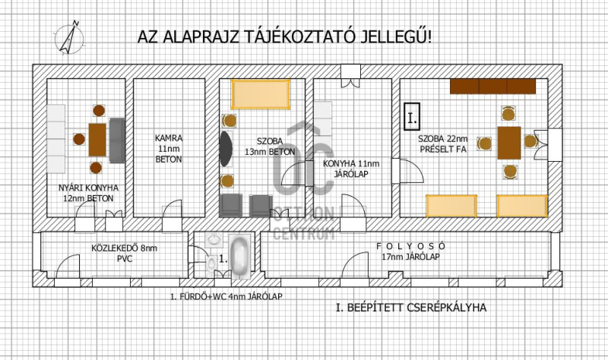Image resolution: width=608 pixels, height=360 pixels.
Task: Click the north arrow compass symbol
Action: [69, 37]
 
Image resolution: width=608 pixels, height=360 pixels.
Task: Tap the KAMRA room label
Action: [169, 138]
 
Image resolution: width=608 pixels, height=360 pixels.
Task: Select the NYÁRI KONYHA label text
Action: [88, 188]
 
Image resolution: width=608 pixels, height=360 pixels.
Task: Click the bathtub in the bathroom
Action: [239, 256]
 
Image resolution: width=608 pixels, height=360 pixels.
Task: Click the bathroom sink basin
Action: [214, 239]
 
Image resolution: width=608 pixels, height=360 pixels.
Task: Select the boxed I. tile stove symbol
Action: [412, 117]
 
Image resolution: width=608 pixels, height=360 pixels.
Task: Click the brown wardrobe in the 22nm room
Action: [492, 87]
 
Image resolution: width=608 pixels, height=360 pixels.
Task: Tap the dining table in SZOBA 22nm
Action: [509, 143]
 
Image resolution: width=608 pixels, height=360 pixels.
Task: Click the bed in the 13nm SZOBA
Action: [261, 94]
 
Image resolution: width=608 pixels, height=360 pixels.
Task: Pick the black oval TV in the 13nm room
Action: [226, 149]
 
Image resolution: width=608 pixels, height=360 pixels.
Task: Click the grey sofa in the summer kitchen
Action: [117, 141]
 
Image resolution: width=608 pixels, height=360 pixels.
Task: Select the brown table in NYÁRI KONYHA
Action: [97, 140]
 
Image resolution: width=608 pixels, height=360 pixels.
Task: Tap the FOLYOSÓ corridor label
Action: [411, 246]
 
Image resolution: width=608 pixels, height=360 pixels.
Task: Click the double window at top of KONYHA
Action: [351, 76]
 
